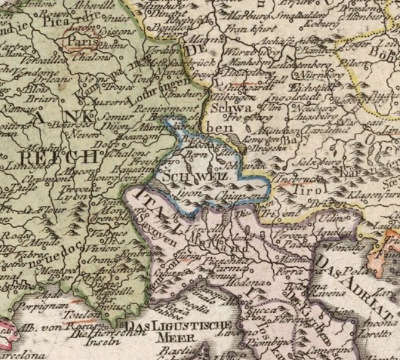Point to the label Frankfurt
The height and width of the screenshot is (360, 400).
click(243, 28)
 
